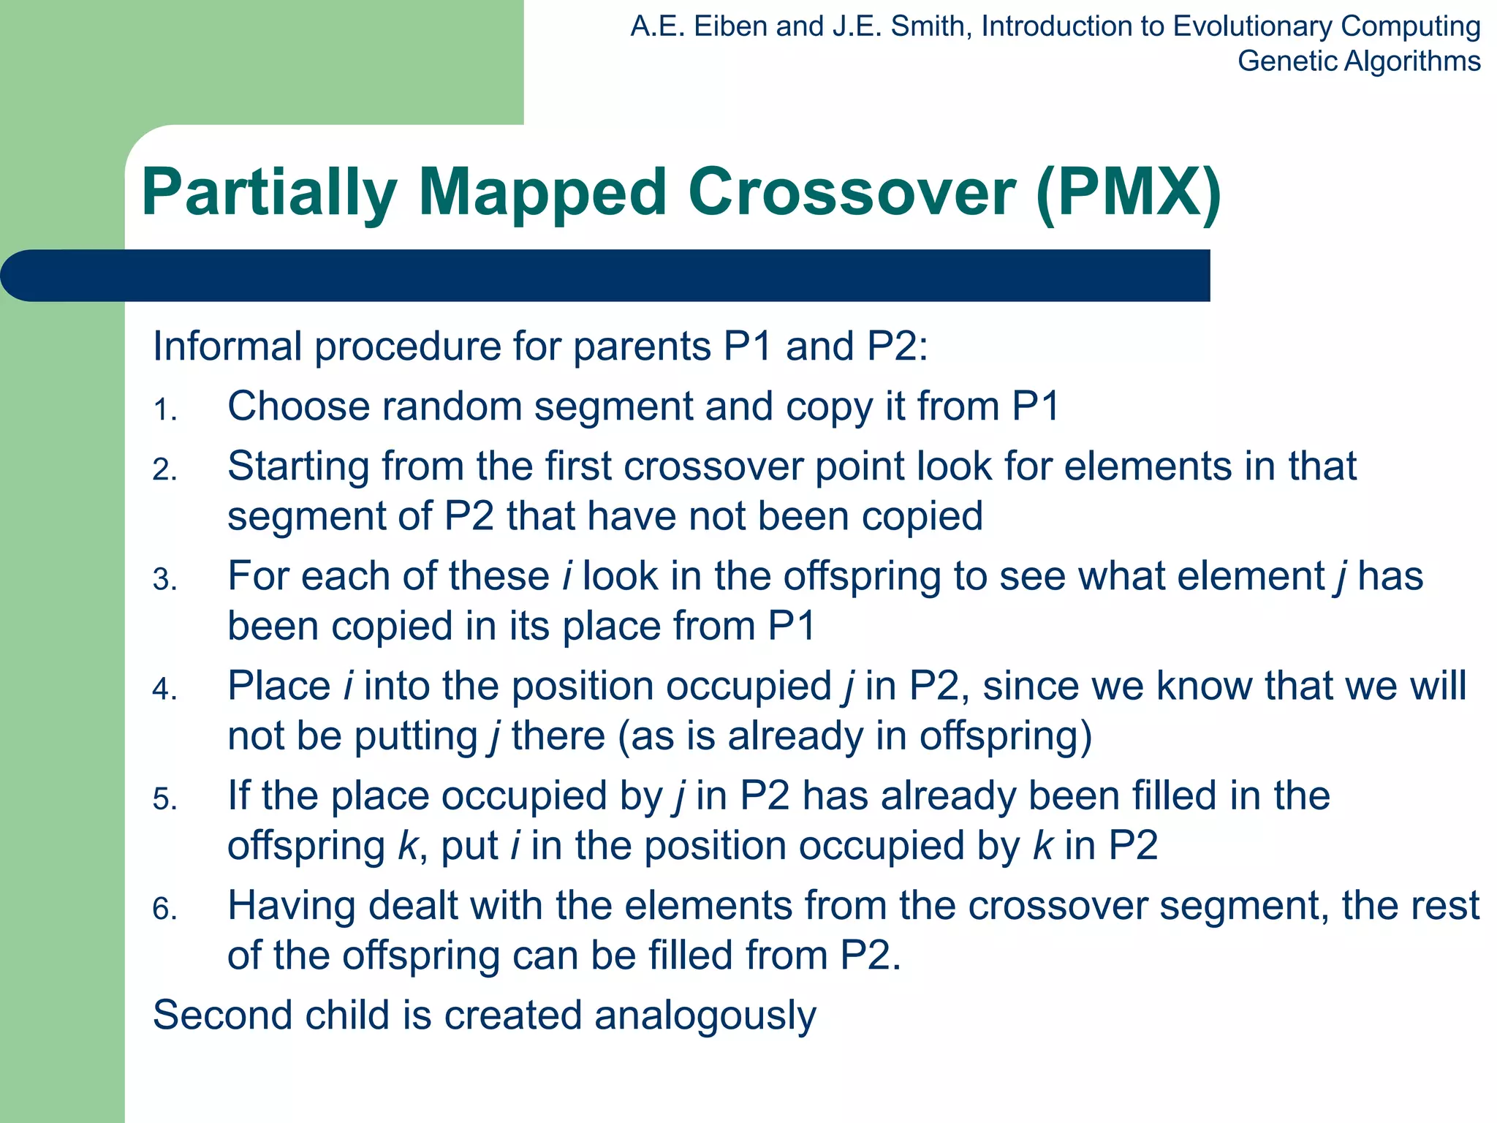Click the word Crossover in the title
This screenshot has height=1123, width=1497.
[851, 192]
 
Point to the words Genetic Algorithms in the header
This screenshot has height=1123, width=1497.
[1358, 61]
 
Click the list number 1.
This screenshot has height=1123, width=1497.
[164, 410]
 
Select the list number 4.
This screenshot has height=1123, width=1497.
[164, 689]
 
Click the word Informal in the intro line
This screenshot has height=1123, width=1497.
[227, 346]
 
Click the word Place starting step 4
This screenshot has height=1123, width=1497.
[278, 687]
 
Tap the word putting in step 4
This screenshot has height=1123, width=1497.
[416, 737]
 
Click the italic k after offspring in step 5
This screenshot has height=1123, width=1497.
[407, 846]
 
